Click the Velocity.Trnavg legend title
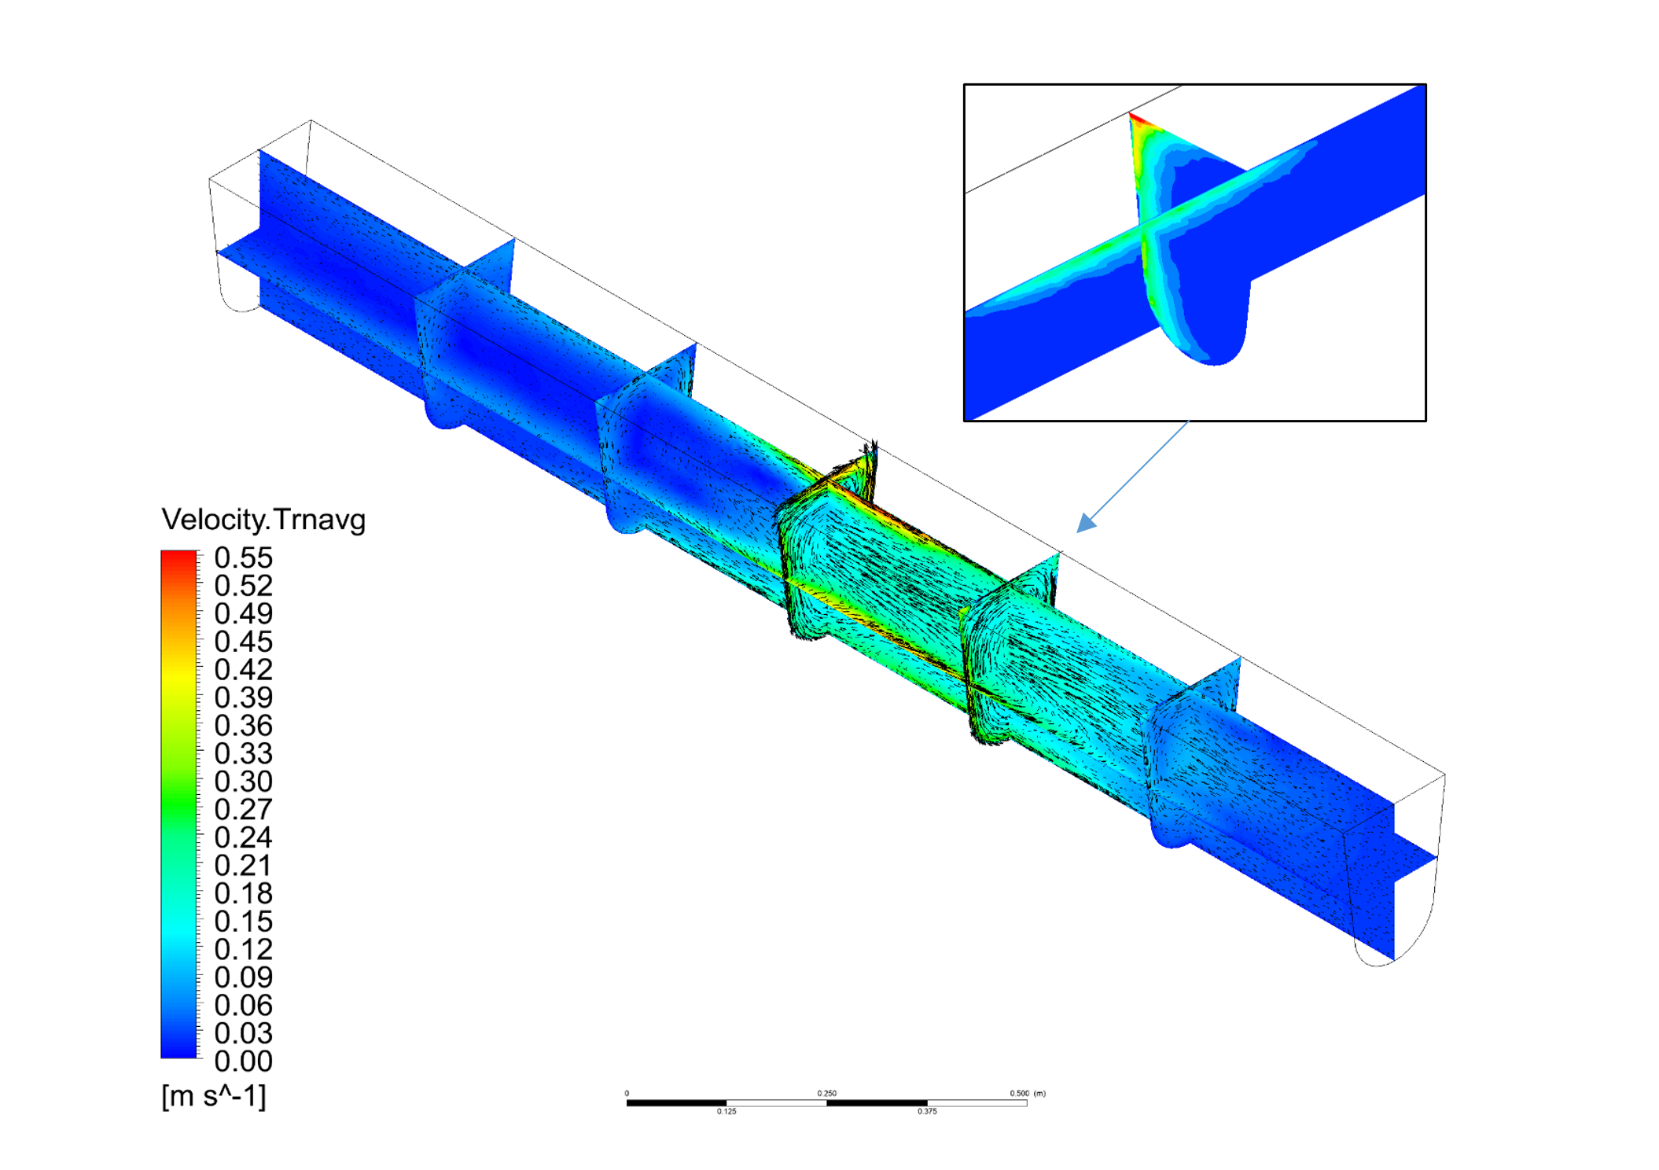(x=263, y=521)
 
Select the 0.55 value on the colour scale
(x=244, y=558)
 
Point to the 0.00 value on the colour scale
(x=244, y=1061)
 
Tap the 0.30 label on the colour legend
(x=244, y=782)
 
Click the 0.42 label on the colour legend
(x=244, y=670)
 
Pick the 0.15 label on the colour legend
(x=244, y=922)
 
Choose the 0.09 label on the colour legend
(x=244, y=977)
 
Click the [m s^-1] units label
(x=214, y=1096)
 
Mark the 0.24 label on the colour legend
(x=244, y=837)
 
